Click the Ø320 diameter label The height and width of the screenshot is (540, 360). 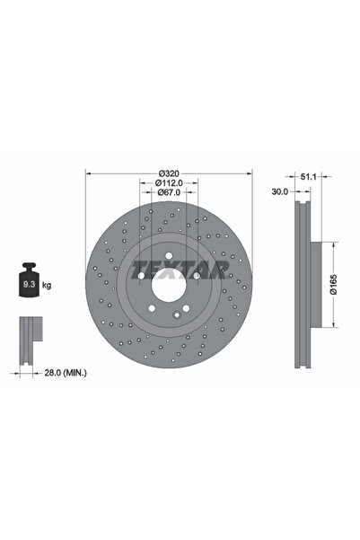pyautogui.click(x=170, y=173)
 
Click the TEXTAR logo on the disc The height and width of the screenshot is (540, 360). pyautogui.click(x=170, y=268)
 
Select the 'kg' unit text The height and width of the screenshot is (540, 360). pyautogui.click(x=47, y=285)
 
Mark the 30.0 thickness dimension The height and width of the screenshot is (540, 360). pyautogui.click(x=279, y=191)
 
